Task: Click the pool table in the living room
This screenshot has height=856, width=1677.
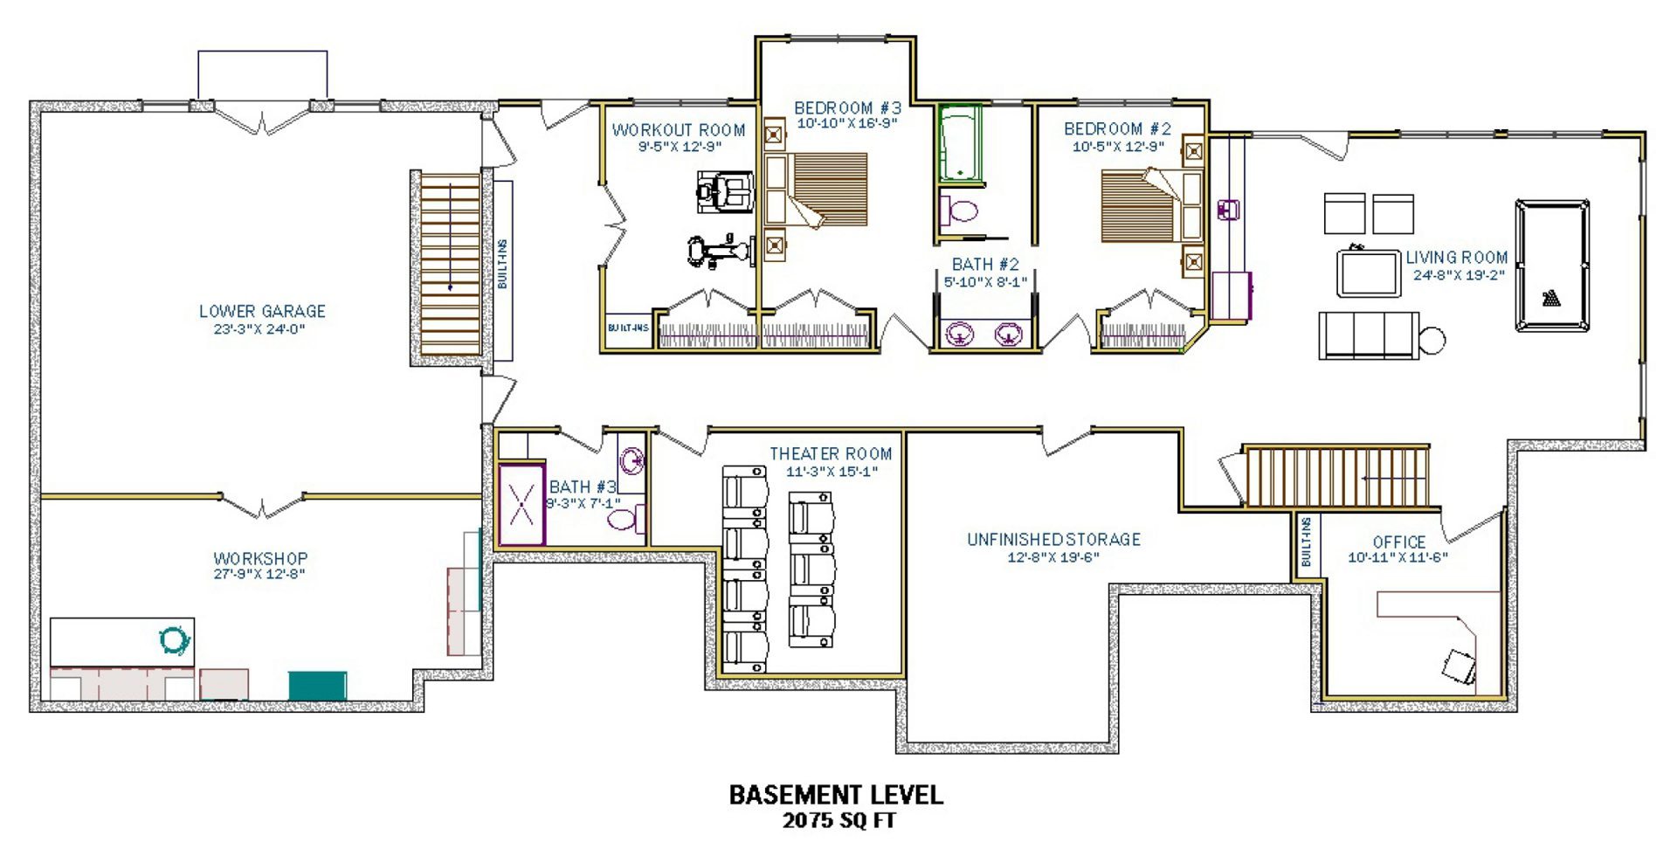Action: pos(1552,266)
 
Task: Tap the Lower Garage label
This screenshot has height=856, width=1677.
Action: pos(262,311)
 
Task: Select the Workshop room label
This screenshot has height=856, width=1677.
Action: pos(260,558)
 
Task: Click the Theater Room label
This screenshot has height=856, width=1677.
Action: pos(831,454)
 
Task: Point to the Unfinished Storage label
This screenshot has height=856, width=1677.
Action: pos(1053,540)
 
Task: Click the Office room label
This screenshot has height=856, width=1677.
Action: pos(1398,542)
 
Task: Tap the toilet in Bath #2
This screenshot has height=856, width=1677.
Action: pos(959,211)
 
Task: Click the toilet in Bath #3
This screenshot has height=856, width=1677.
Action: pos(625,520)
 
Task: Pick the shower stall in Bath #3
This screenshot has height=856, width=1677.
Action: pos(521,504)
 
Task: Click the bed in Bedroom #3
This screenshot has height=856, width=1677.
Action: pos(817,191)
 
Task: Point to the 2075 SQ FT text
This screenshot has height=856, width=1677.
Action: pos(838,820)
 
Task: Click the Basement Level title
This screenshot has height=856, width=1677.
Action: pos(836,795)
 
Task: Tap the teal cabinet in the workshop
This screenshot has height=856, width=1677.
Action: pos(318,685)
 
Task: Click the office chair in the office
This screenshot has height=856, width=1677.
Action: pos(1459,666)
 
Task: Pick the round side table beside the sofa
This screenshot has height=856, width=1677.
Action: pos(1432,339)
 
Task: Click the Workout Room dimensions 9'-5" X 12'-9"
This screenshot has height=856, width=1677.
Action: pos(679,147)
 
